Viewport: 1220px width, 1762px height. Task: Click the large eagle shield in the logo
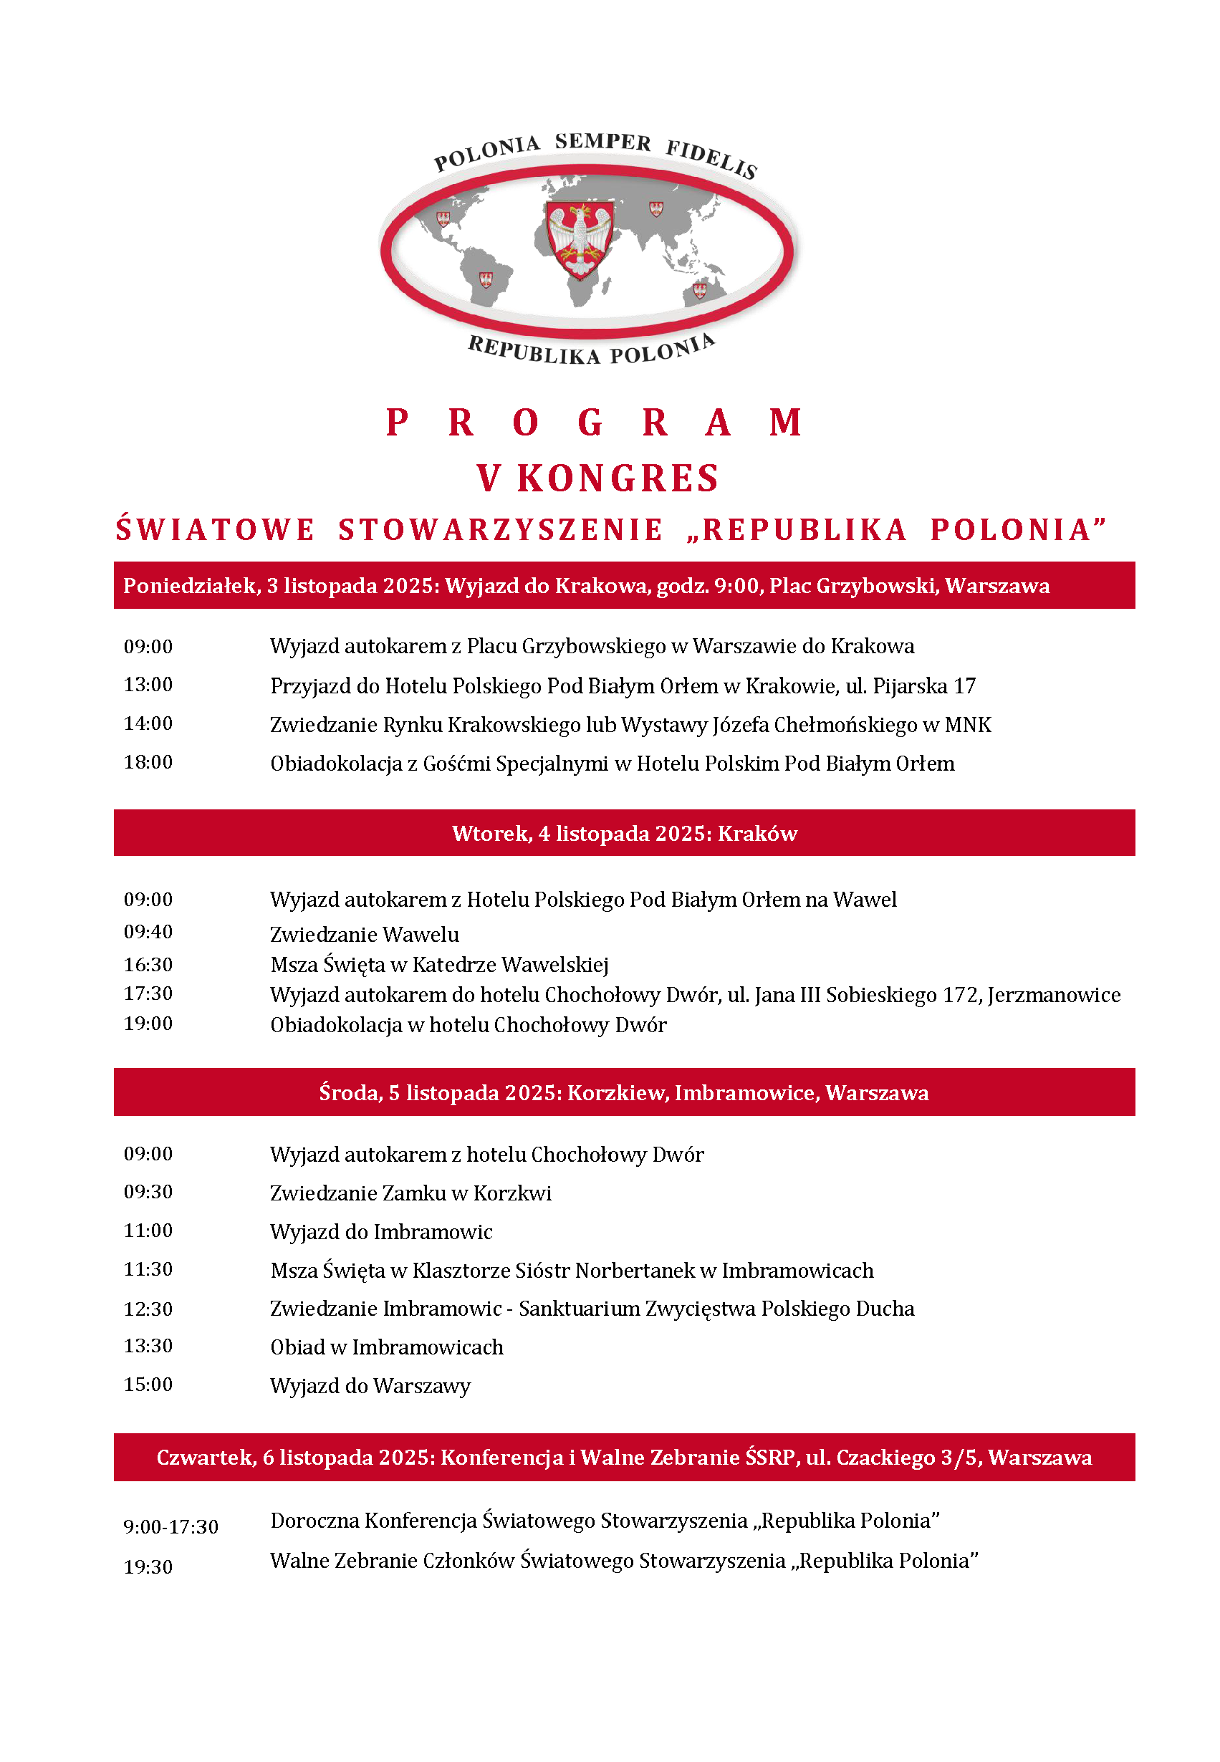(581, 240)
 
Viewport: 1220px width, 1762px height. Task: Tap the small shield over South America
(486, 279)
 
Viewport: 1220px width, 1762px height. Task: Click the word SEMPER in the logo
(603, 142)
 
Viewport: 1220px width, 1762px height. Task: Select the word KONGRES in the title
(618, 479)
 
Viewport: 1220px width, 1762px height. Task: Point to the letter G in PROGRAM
(590, 423)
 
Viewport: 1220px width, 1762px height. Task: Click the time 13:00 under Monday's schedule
(148, 685)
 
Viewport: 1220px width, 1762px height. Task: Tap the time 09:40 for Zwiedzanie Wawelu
(148, 932)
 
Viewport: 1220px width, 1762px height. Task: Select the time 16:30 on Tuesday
(148, 965)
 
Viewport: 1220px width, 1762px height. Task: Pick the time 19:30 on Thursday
(148, 1567)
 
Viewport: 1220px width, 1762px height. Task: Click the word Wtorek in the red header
(490, 834)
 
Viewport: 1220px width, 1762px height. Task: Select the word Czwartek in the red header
(205, 1458)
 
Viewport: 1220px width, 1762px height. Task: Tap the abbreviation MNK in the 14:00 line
(968, 725)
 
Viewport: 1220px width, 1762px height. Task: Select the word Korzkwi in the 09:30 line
(512, 1193)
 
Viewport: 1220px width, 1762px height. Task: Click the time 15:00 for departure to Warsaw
(148, 1385)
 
